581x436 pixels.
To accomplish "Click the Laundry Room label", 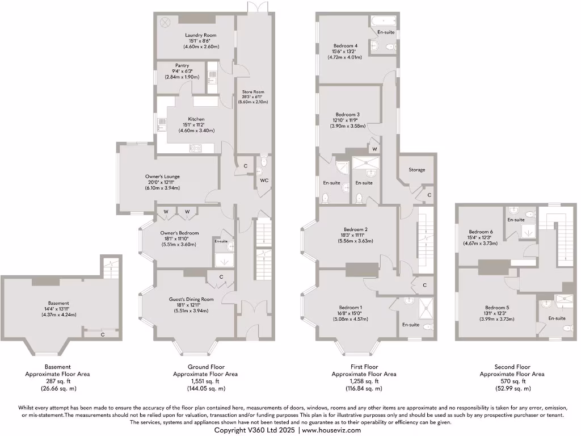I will tap(197, 35).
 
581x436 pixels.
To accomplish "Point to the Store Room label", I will tap(254, 91).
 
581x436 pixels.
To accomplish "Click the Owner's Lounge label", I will tap(163, 177).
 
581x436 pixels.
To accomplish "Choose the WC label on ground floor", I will tap(264, 181).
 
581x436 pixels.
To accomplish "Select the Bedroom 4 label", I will tap(345, 45).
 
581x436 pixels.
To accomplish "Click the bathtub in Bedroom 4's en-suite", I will tap(383, 23).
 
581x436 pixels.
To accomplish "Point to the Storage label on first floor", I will tap(417, 170).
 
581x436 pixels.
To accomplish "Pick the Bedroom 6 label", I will tap(480, 232).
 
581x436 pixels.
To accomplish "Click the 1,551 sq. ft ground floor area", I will tap(205, 381).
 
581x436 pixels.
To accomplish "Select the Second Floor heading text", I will tap(512, 367).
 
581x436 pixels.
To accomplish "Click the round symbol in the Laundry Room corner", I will tap(165, 22).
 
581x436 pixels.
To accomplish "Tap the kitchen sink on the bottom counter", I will tap(196, 148).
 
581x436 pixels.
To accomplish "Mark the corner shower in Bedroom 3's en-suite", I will tap(343, 167).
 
